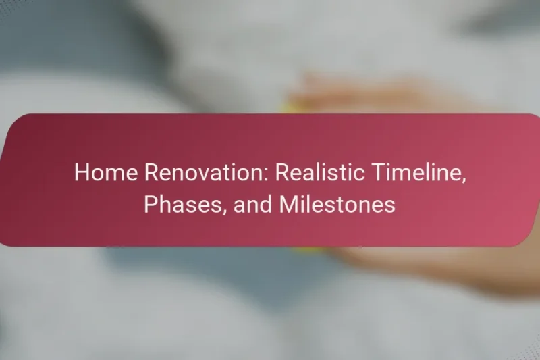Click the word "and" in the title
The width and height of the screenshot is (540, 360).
click(x=248, y=203)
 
